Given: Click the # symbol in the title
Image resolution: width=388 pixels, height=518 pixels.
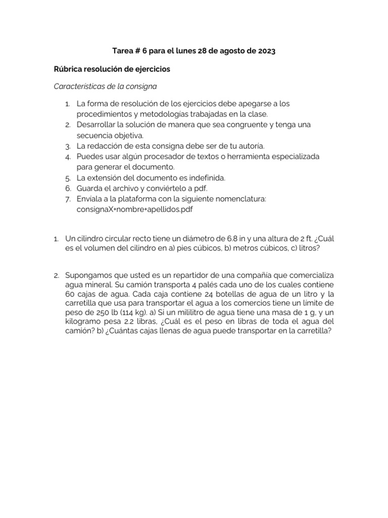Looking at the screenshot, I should coord(139,52).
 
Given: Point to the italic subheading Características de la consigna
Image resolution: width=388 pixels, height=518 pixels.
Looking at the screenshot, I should coord(109,86).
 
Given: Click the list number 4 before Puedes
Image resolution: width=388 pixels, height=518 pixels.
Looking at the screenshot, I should coord(67,157).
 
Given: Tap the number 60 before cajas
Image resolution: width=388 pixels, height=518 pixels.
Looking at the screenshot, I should coord(70,294).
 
